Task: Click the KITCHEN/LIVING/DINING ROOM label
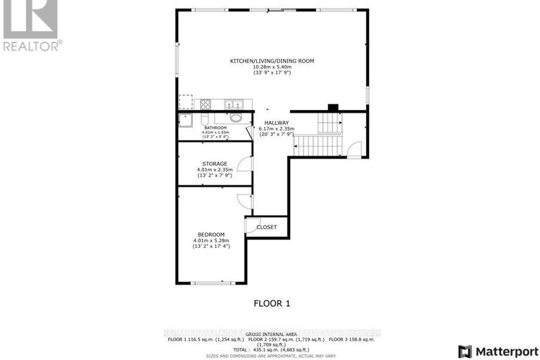click(x=271, y=61)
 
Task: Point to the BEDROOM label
click(x=211, y=234)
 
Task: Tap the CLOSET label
click(x=267, y=227)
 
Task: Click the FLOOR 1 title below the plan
click(x=272, y=304)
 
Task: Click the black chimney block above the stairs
click(x=333, y=108)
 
